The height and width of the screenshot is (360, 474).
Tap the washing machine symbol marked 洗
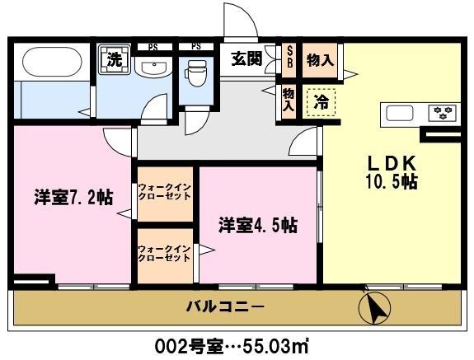[x=113, y=60]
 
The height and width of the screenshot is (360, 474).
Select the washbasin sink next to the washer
[x=153, y=69]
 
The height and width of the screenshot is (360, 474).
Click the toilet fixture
[x=196, y=77]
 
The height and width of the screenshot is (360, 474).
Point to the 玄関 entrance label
[x=246, y=58]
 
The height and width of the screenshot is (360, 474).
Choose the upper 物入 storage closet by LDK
[x=319, y=59]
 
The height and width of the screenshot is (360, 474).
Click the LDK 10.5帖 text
[x=392, y=171]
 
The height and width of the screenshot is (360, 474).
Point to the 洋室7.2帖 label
[x=73, y=197]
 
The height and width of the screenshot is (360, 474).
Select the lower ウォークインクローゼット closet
[x=165, y=253]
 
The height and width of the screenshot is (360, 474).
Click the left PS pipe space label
[x=153, y=47]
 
